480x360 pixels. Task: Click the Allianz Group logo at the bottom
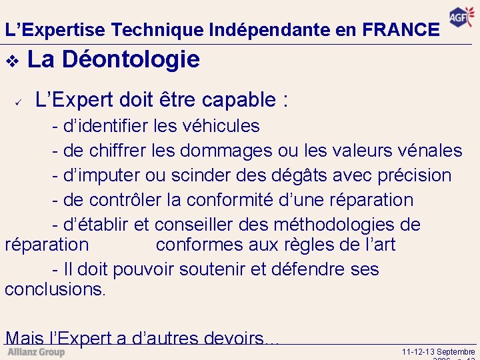[36, 351]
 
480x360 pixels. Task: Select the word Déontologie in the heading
[131, 59]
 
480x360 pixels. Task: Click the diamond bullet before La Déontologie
[11, 61]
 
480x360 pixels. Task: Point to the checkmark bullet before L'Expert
[19, 102]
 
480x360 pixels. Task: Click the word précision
[415, 175]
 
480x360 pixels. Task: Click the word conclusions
[55, 290]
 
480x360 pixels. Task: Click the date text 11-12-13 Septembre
[439, 351]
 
